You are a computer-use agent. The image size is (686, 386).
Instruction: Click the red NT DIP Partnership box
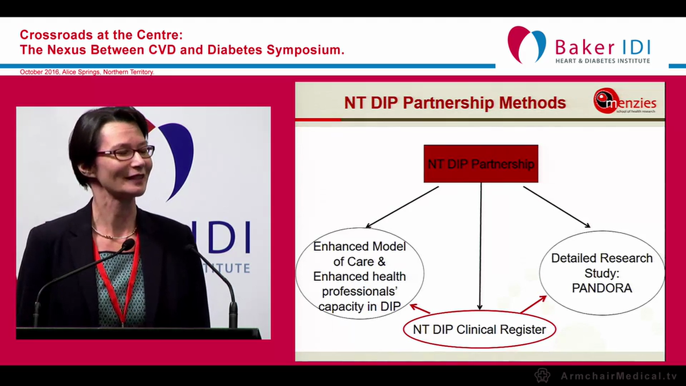click(481, 164)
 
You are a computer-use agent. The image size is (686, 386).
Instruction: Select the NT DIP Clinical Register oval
click(479, 329)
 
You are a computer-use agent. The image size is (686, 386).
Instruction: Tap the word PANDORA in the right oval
click(602, 288)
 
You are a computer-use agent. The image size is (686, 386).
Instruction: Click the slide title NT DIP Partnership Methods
click(454, 102)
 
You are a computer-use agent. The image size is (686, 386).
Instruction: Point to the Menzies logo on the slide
click(624, 101)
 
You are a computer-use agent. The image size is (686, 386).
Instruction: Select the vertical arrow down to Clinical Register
click(480, 247)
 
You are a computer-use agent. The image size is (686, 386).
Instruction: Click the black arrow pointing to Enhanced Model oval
click(402, 207)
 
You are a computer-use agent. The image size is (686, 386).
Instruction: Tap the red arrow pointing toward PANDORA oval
click(533, 304)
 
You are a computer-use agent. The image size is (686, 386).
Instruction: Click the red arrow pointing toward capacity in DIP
click(421, 308)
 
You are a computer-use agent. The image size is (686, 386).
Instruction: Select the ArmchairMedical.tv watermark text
click(618, 376)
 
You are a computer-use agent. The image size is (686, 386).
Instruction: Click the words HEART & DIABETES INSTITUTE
click(602, 61)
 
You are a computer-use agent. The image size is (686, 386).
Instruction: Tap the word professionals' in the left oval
click(359, 291)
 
